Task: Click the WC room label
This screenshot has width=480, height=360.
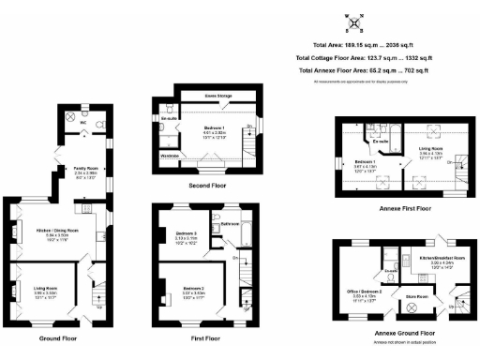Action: pyautogui.click(x=83, y=122)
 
